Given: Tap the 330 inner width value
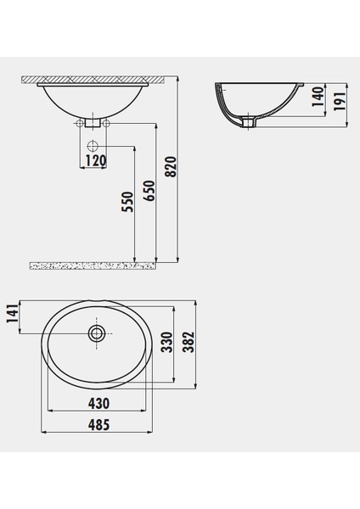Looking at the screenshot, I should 168,341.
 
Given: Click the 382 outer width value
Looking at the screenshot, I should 189,341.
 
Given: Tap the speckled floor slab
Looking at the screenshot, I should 93,266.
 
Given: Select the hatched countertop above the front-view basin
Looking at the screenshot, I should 93,79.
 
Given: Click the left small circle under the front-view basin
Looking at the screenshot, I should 82,125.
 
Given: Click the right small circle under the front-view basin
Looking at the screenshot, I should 108,125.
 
